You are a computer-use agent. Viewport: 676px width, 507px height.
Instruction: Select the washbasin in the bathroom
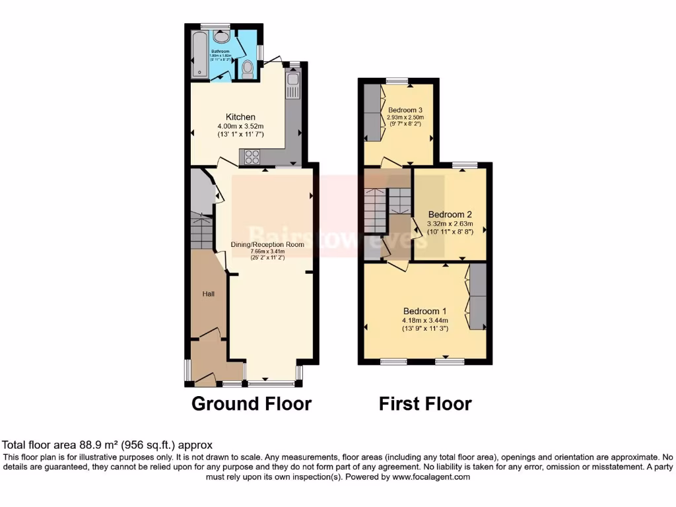(x=222, y=37)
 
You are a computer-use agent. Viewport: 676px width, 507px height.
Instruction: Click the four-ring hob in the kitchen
(x=252, y=157)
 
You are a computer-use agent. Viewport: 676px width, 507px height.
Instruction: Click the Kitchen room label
(x=240, y=118)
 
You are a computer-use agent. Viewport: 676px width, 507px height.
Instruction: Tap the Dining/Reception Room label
(x=267, y=244)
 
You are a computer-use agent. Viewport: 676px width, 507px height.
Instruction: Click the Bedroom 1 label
(x=425, y=312)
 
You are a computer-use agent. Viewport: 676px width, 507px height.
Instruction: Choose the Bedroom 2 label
(x=450, y=215)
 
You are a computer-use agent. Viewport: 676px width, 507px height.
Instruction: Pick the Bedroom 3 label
(x=405, y=110)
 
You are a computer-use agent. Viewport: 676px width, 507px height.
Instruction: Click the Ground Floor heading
(x=252, y=403)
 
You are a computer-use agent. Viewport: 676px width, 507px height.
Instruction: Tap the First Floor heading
(x=425, y=403)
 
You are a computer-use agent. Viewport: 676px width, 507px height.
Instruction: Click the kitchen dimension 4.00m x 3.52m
(x=240, y=127)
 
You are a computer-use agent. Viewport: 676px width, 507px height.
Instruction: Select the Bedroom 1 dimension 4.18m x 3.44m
(x=425, y=321)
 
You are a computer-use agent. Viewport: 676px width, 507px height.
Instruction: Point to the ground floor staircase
(x=200, y=230)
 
